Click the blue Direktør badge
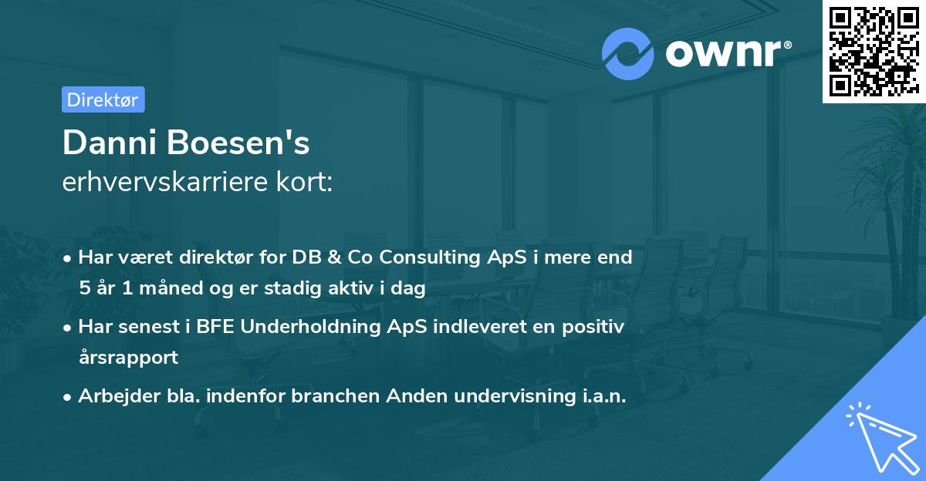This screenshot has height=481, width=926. tap(103, 99)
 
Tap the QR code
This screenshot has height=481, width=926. tap(874, 51)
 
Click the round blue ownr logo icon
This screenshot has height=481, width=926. tap(627, 54)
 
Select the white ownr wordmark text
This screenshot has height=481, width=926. tap(728, 53)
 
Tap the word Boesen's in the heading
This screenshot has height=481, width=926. tap(238, 143)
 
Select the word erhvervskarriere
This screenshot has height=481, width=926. tap(165, 182)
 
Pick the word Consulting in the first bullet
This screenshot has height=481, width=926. tap(430, 258)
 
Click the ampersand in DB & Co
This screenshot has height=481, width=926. tap(334, 257)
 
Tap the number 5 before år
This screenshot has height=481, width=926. tap(85, 288)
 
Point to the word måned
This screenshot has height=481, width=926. tap(171, 288)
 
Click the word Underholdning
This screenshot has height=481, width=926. tap(310, 327)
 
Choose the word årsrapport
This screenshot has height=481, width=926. tap(129, 358)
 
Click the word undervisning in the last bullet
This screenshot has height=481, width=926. tap(515, 396)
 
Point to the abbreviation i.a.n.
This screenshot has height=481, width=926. tap(604, 396)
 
